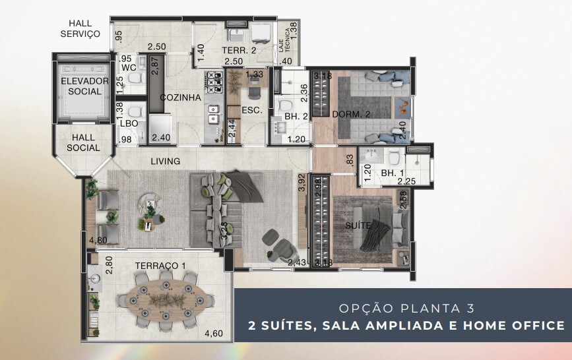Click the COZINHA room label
tap(180, 98)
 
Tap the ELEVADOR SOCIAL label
tap(84, 86)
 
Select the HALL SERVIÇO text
tap(79, 28)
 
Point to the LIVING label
tap(166, 161)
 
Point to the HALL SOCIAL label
tap(83, 142)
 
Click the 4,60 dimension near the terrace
tap(214, 334)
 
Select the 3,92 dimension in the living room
tap(302, 181)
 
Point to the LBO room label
tap(128, 123)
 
